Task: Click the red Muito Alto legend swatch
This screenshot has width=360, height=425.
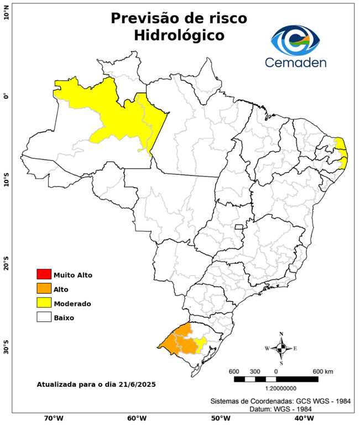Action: [x=44, y=274]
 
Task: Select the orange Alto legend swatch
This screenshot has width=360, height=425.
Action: [x=44, y=288]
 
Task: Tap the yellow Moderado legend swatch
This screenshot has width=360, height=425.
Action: [x=44, y=303]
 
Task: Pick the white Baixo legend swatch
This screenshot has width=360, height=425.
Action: [x=44, y=317]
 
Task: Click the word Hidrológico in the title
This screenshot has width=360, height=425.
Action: [x=179, y=35]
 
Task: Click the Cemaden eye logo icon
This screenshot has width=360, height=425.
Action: [x=295, y=39]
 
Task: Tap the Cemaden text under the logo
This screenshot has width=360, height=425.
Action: [x=295, y=62]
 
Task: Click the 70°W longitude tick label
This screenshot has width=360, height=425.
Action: [x=54, y=418]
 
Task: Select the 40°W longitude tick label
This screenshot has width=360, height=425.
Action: [x=302, y=418]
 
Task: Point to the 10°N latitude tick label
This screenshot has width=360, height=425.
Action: [x=6, y=12]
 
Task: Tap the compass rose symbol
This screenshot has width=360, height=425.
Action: [x=281, y=348]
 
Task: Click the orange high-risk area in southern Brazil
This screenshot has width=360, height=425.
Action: [x=180, y=340]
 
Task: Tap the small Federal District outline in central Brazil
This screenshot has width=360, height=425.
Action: [x=239, y=227]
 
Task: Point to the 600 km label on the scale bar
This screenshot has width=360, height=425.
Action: [x=322, y=371]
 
